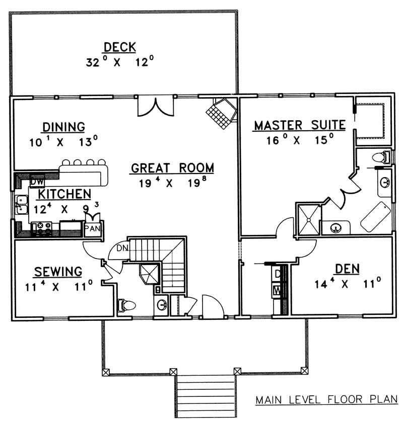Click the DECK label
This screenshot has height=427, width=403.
pyautogui.click(x=119, y=47)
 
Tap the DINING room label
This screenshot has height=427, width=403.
pyautogui.click(x=63, y=127)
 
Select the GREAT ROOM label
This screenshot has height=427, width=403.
pyautogui.click(x=172, y=167)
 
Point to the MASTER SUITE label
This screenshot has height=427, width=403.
pyautogui.click(x=299, y=125)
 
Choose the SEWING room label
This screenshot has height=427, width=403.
pyautogui.click(x=58, y=272)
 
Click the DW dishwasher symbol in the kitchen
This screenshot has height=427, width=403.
pyautogui.click(x=37, y=180)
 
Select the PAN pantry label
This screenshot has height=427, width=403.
pyautogui.click(x=92, y=229)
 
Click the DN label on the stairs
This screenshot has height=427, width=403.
pyautogui.click(x=121, y=248)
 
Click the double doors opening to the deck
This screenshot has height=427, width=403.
pyautogui.click(x=157, y=106)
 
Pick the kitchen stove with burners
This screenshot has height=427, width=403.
pyautogui.click(x=42, y=229)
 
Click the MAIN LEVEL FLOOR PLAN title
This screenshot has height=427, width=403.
pyautogui.click(x=326, y=401)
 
